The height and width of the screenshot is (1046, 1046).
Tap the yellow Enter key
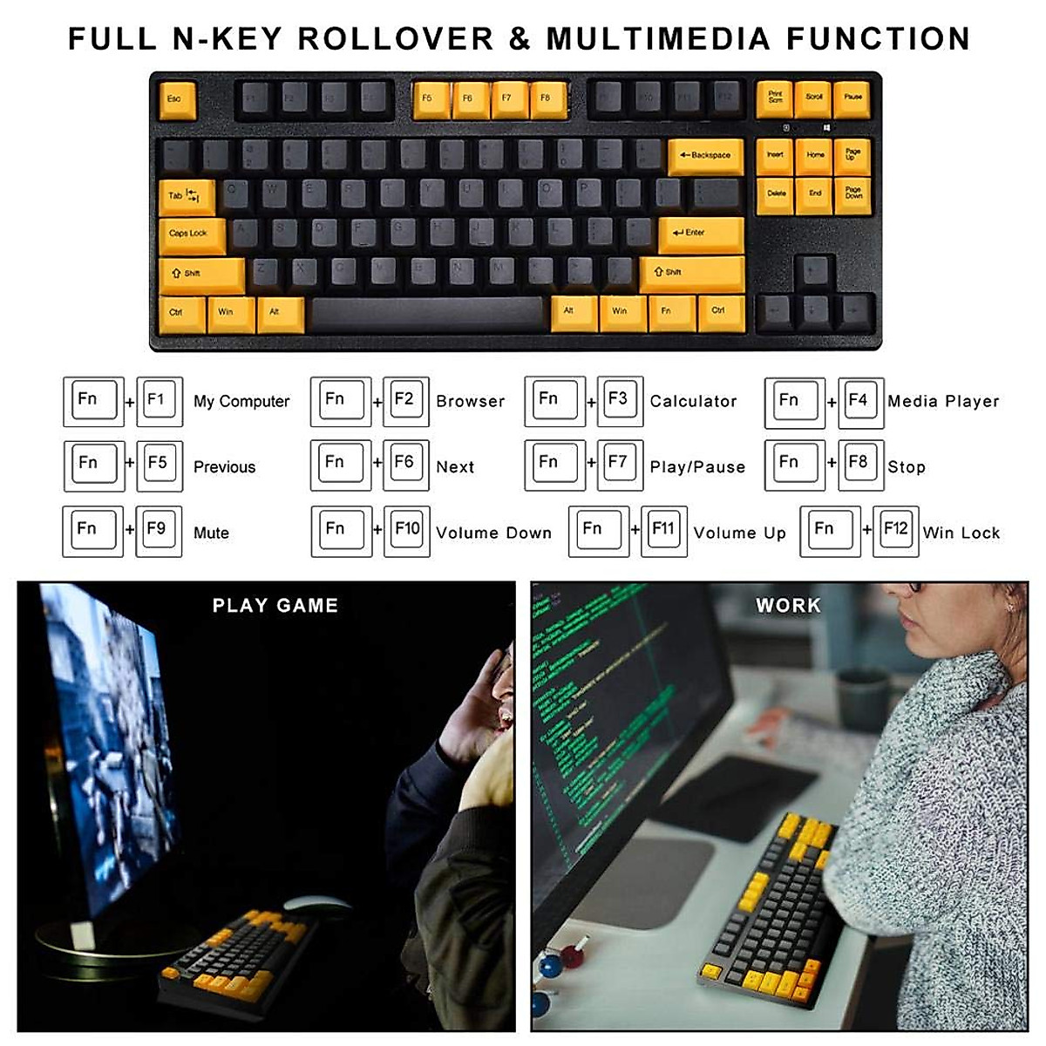coord(700,234)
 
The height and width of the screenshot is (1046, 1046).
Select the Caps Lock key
coord(191,234)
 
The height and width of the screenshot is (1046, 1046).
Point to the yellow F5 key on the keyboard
coord(429,99)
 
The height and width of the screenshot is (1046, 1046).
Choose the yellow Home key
coord(815,156)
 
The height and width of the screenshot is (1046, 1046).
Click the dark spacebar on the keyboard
coord(427,314)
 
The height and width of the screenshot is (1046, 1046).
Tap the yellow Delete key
coord(776,195)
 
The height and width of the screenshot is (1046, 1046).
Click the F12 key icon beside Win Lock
coord(895,531)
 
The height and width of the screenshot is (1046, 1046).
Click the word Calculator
coord(693,402)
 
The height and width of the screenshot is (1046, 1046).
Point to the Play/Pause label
coord(697,467)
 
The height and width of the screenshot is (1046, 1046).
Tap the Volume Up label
coord(739,533)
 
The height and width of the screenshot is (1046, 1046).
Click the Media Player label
coord(943,402)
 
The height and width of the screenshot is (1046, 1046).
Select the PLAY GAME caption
coord(275,606)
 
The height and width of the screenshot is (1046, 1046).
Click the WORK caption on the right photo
coord(788,606)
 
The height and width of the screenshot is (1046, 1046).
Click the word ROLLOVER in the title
coord(396,39)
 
